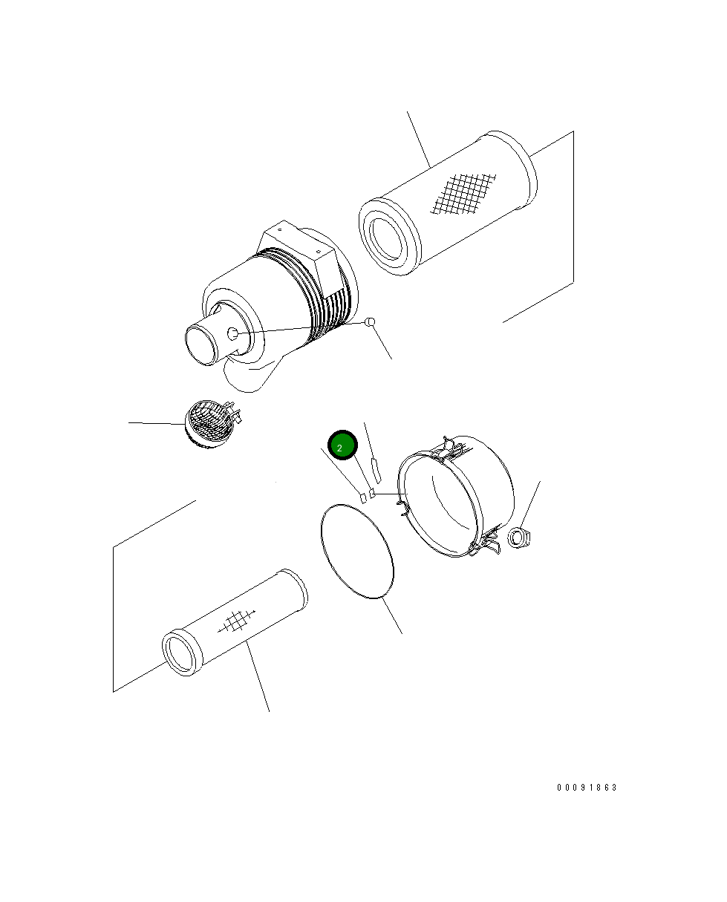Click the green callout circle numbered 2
[x=342, y=445]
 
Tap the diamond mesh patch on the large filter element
[x=463, y=194]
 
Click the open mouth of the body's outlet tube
[x=202, y=346]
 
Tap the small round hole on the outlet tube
[x=233, y=333]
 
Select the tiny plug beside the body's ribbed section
[x=371, y=322]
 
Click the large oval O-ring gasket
[x=356, y=552]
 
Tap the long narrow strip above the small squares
[x=376, y=471]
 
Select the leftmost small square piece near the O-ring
[x=363, y=498]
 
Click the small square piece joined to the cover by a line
[x=371, y=493]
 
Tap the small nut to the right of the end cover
[x=518, y=537]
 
